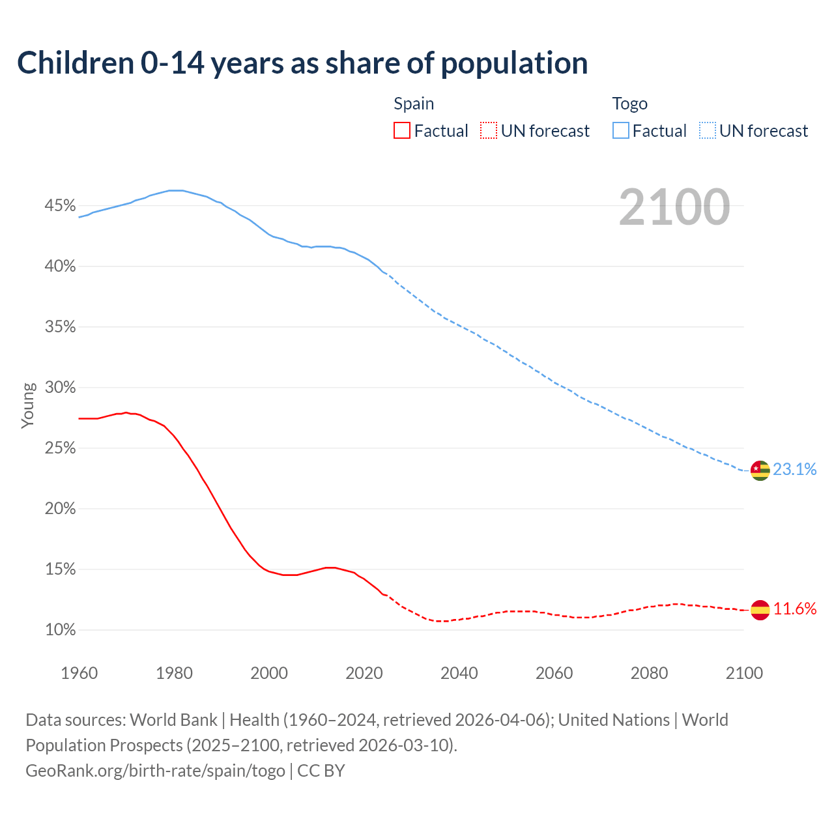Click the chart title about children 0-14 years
point(302,63)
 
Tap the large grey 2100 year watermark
point(674,207)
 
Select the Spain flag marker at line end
point(760,610)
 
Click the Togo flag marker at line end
point(760,470)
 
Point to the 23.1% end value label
point(795,470)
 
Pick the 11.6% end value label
point(795,609)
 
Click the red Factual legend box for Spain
point(402,131)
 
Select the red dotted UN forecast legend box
point(489,131)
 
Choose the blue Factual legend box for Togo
point(621,131)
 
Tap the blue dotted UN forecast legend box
point(708,131)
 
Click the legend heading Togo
point(629,104)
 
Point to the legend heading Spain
point(414,104)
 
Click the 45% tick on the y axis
point(60,206)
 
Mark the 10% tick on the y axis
point(60,630)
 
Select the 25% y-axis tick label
point(60,448)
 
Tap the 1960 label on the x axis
point(79,673)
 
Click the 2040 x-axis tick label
point(459,673)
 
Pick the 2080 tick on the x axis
point(649,673)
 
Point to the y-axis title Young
point(28,405)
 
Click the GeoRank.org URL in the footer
point(155,771)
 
